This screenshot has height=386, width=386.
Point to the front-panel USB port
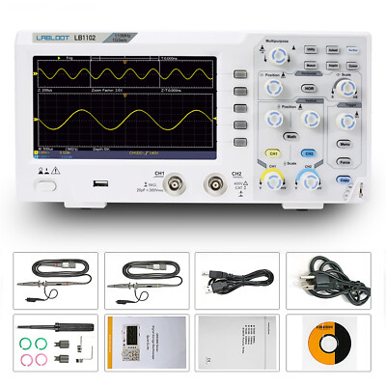(97, 181)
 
